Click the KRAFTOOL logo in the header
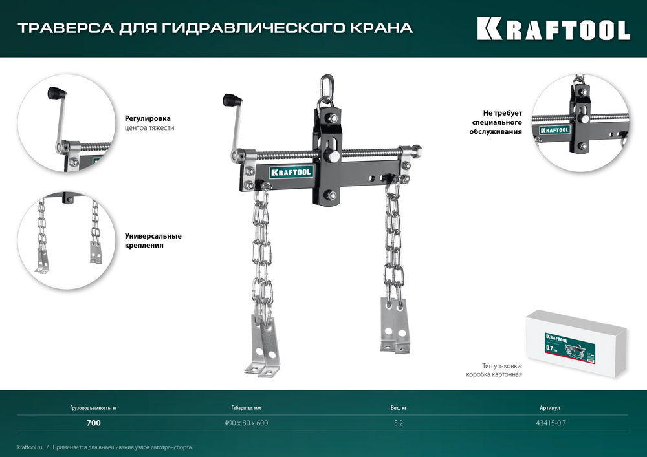click(x=553, y=29)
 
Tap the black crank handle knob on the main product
click(x=230, y=100)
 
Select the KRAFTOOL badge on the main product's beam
click(x=291, y=172)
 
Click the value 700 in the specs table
click(x=93, y=423)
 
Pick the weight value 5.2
click(x=399, y=423)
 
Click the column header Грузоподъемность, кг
click(x=93, y=409)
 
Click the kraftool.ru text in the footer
click(x=30, y=447)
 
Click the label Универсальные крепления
click(x=153, y=240)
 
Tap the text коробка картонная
click(x=493, y=374)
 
